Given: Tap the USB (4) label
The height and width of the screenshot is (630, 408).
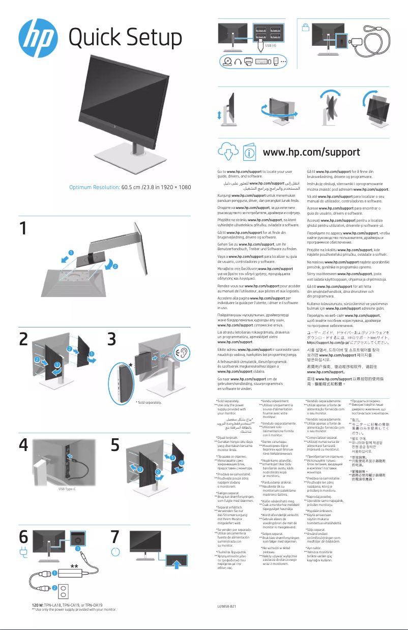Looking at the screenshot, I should coord(270,46).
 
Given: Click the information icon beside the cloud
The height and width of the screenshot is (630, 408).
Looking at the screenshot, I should coord(249,152).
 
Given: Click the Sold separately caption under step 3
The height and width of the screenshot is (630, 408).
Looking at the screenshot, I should coord(149,403).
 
